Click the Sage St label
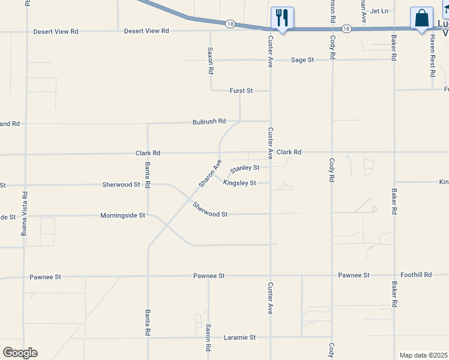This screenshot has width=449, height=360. click(303, 60)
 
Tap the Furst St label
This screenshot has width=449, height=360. click(241, 91)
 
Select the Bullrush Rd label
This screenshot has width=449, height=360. click(209, 121)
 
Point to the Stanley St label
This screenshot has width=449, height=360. click(245, 168)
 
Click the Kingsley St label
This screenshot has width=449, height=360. click(240, 183)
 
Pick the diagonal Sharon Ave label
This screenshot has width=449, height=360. click(210, 173)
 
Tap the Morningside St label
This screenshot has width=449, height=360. click(122, 215)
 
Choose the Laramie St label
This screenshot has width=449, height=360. click(240, 338)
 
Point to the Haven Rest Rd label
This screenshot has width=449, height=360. click(432, 56)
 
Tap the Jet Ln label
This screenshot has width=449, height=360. click(379, 11)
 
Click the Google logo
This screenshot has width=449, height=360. click(20, 353)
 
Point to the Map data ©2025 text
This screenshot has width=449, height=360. click(423, 355)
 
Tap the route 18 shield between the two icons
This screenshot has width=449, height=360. click(346, 28)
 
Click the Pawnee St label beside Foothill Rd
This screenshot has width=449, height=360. click(354, 275)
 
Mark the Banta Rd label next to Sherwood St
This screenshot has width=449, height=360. click(147, 174)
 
